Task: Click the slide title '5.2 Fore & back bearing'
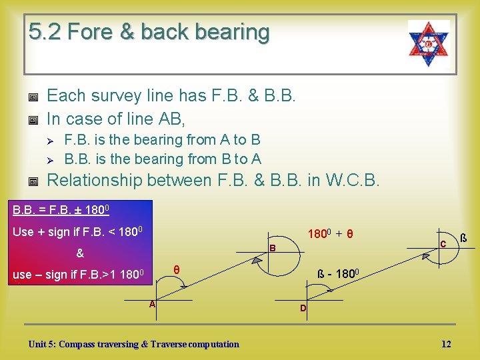[149, 32]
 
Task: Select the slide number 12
[446, 344]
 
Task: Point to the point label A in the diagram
[152, 304]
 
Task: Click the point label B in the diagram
[271, 249]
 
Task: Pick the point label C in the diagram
[443, 245]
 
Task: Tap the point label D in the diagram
[303, 308]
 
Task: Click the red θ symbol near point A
[176, 269]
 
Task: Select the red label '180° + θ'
[329, 234]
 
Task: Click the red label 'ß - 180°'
[339, 274]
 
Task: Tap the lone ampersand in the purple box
[80, 253]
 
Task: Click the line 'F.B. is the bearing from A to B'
[162, 140]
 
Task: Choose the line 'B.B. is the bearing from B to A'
[163, 159]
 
